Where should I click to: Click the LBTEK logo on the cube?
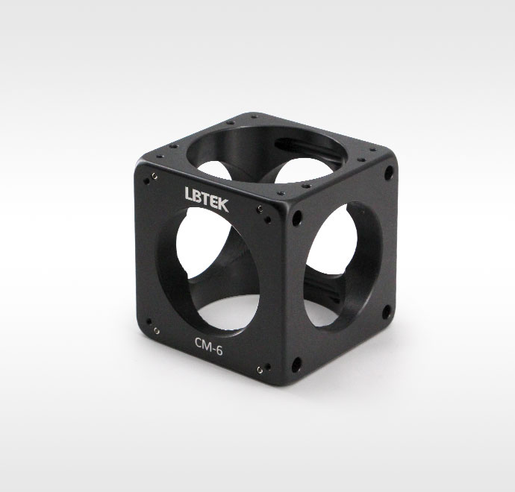click(x=207, y=199)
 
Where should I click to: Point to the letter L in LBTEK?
click(x=188, y=193)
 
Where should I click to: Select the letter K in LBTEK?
click(x=223, y=205)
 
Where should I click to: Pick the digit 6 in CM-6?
click(x=219, y=350)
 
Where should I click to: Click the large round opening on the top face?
click(x=266, y=154)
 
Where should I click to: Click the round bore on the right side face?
click(x=343, y=266)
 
